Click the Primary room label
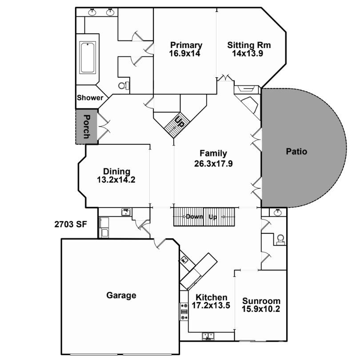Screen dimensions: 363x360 coord(186,45)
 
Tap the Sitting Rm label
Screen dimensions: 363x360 coord(249,45)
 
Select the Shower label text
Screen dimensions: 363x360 coord(90,98)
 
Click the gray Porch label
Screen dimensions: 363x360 coord(86,127)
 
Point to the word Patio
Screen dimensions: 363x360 coord(296,152)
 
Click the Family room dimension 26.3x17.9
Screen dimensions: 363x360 coord(213,164)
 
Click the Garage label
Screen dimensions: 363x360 coord(121,295)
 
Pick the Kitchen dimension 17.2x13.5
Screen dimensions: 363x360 coord(211,306)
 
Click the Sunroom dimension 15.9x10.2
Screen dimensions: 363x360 coord(261,309)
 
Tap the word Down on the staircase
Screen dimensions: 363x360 coord(194,217)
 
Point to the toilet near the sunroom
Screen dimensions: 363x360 coord(280,240)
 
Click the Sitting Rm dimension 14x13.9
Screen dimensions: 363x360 coord(248,53)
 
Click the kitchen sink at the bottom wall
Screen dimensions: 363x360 coord(208,336)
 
